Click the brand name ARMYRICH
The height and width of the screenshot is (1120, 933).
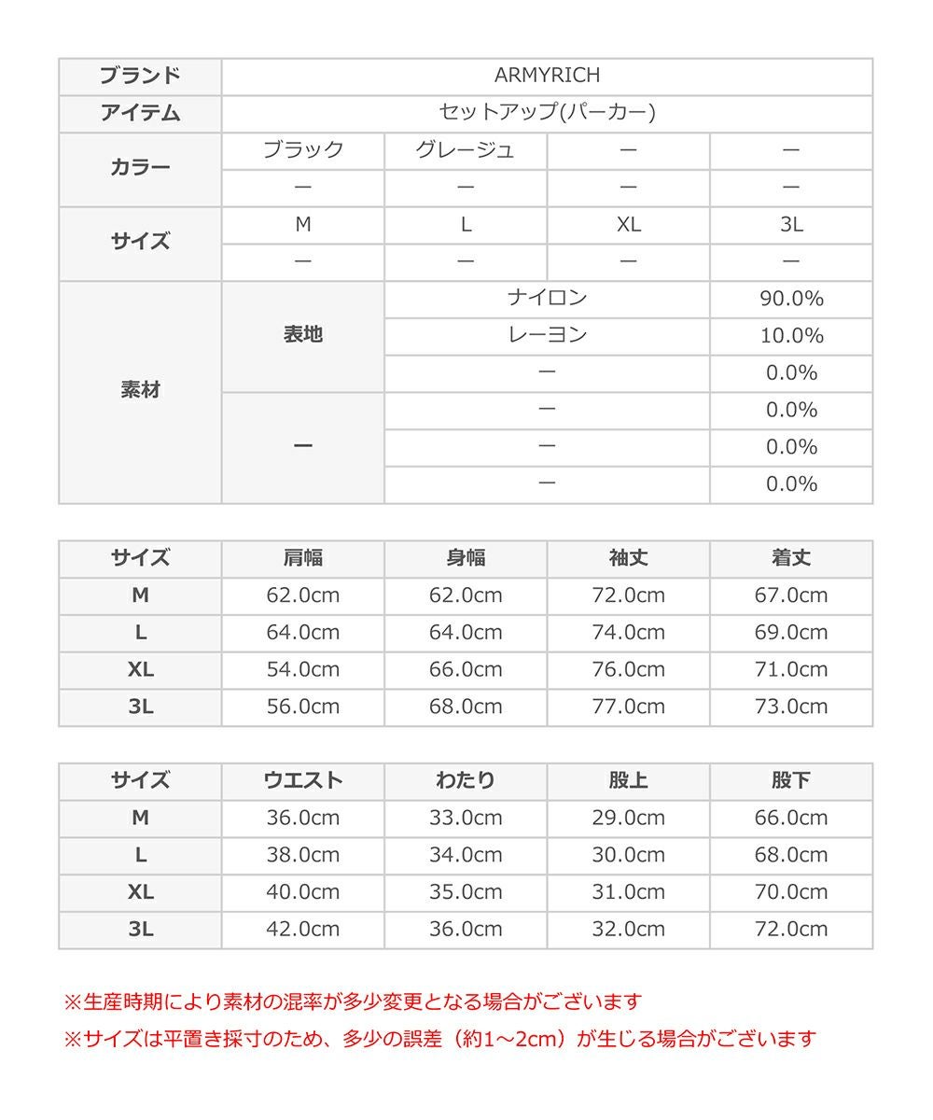tap(547, 76)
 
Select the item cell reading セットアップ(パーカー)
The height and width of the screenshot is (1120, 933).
tap(547, 113)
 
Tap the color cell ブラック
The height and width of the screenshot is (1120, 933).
tap(303, 150)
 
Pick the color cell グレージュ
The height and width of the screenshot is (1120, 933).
tap(466, 150)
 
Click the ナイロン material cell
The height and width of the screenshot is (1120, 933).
tap(547, 299)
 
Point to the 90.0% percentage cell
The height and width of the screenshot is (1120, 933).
tap(791, 299)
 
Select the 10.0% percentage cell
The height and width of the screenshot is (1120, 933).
tap(791, 336)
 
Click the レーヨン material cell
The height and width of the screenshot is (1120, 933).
tap(547, 336)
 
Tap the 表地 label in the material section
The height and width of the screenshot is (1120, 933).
tap(303, 335)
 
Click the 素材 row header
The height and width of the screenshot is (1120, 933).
tap(140, 391)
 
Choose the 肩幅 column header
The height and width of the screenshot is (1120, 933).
tap(303, 558)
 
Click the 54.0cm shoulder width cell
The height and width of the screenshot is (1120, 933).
tap(303, 669)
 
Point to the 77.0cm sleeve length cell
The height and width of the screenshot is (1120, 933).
tap(628, 707)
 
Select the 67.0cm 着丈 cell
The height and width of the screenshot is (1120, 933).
tap(791, 595)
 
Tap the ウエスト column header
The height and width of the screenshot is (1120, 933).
tap(303, 781)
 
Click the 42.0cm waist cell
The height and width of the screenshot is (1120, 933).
tap(303, 930)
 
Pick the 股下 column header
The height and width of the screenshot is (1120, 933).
tap(791, 781)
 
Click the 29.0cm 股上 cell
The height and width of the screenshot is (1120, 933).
tap(628, 819)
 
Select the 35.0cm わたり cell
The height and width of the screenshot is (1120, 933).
tap(466, 892)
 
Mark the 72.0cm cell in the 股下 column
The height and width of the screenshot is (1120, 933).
tap(791, 930)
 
